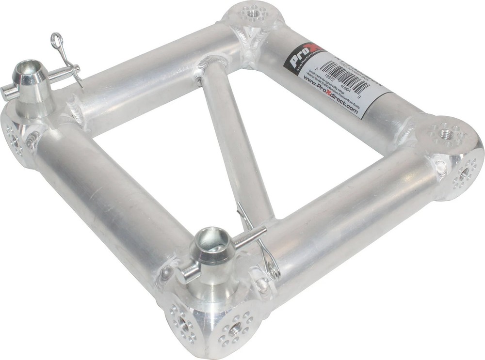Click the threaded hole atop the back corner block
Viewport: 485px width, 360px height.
click(x=253, y=12)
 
